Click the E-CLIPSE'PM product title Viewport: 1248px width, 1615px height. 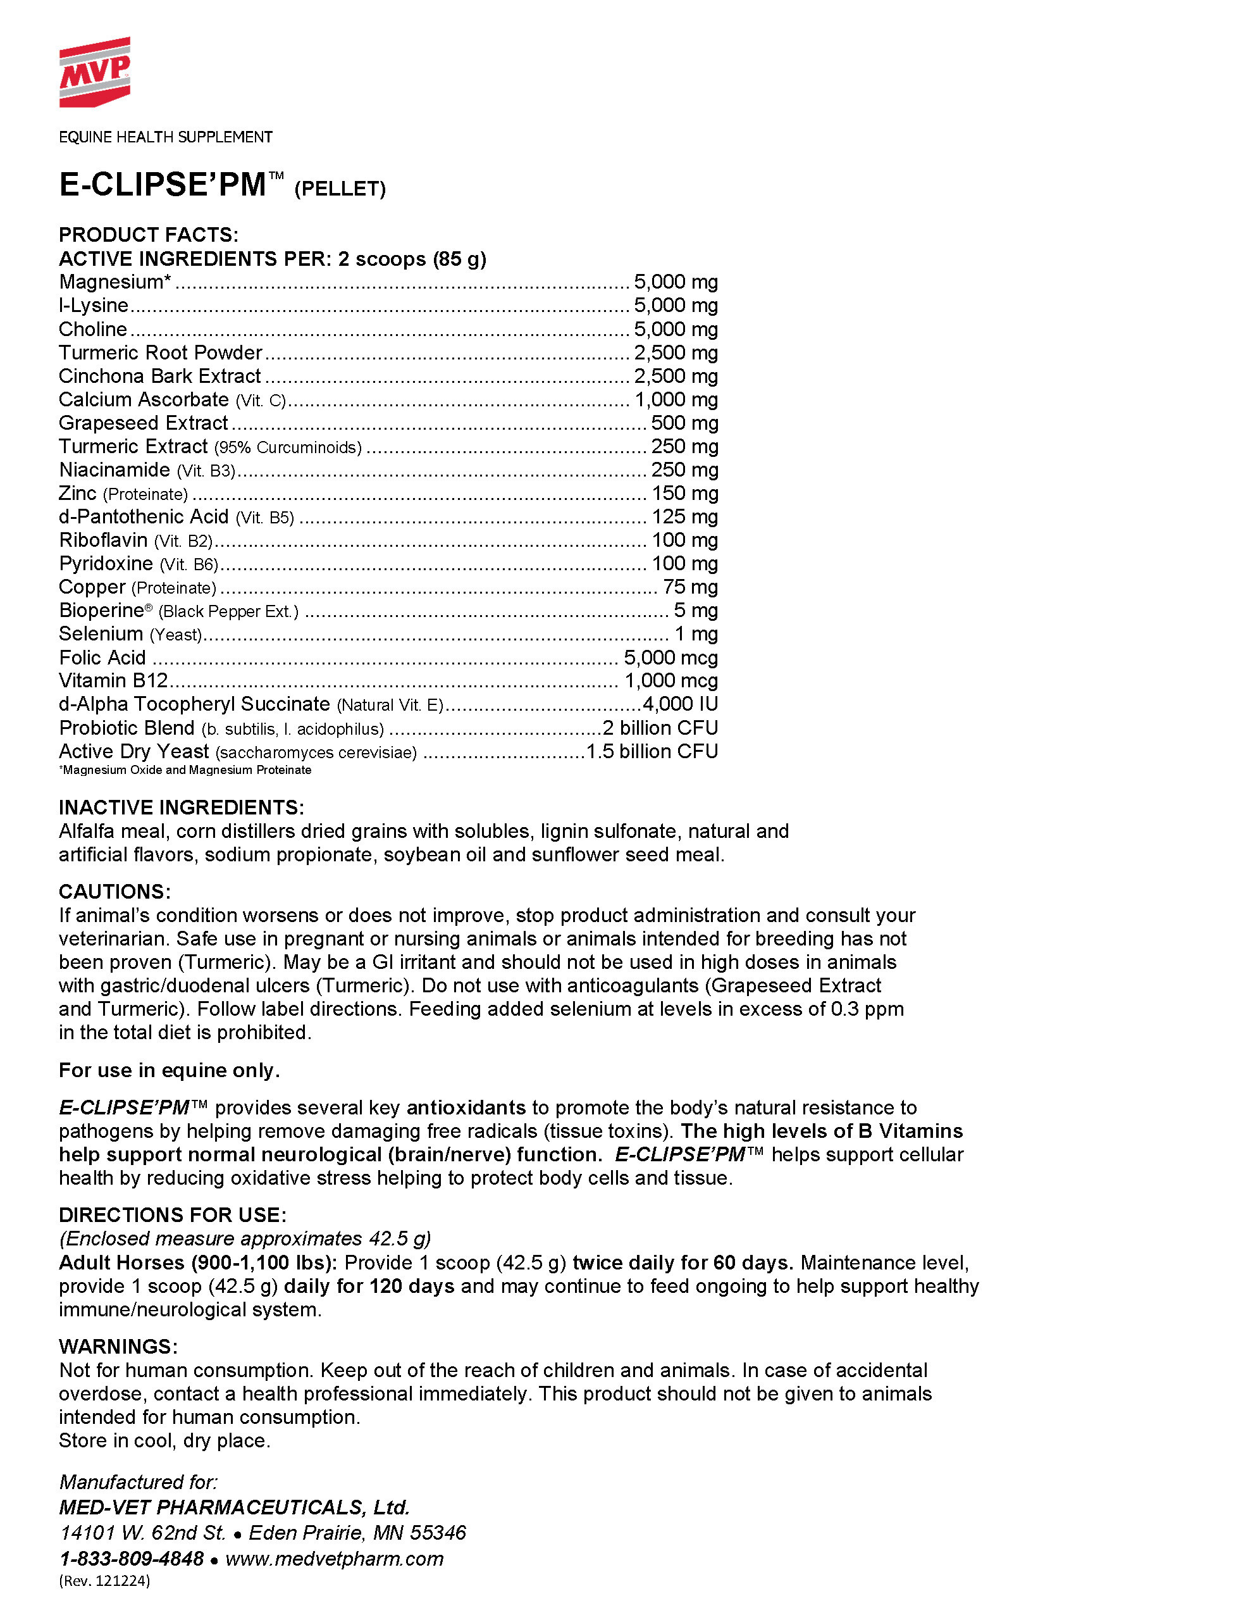(163, 185)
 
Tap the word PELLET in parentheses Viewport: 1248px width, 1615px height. (340, 189)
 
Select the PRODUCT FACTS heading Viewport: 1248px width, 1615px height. (149, 235)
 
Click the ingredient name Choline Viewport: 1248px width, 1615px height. (93, 329)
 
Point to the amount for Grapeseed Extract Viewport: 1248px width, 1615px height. (684, 423)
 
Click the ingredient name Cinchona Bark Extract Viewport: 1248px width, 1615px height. (159, 377)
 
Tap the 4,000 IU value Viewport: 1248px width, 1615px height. (680, 704)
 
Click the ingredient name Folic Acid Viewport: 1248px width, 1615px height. (102, 658)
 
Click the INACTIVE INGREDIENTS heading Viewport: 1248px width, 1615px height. (181, 807)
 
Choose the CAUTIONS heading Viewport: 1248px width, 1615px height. (114, 892)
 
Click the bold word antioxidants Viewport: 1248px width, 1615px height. (466, 1107)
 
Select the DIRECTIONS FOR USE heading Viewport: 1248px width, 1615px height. (172, 1215)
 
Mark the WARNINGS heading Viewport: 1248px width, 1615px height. (118, 1347)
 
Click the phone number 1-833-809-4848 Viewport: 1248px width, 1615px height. (132, 1558)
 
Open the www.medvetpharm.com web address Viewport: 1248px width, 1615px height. (334, 1558)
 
